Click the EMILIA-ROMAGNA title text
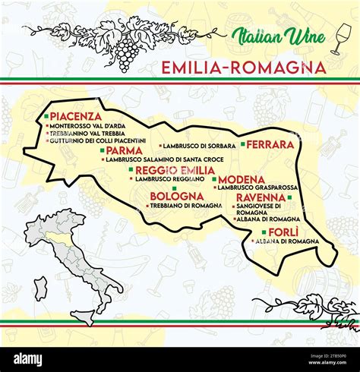tap(243, 68)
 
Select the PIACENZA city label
tap(76, 116)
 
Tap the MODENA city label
tap(242, 179)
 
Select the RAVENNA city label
tap(261, 197)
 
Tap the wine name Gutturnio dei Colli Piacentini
tap(96, 141)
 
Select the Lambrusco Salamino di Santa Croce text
tap(165, 159)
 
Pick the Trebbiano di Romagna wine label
tap(185, 205)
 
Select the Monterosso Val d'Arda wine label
tap(87, 125)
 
